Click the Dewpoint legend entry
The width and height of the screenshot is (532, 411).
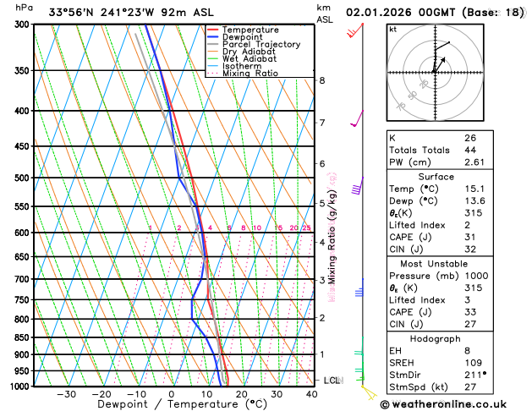pos(244,37)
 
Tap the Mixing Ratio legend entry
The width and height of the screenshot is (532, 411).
pos(250,74)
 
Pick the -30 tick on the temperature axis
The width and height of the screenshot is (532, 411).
pos(66,394)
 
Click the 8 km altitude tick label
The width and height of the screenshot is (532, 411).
pos(321,80)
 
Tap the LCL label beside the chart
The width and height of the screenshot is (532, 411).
pos(332,381)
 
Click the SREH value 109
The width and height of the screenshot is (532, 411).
pos(472,362)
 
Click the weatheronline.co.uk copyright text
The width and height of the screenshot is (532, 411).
pos(455,403)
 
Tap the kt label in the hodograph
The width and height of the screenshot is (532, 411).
pos(393,29)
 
